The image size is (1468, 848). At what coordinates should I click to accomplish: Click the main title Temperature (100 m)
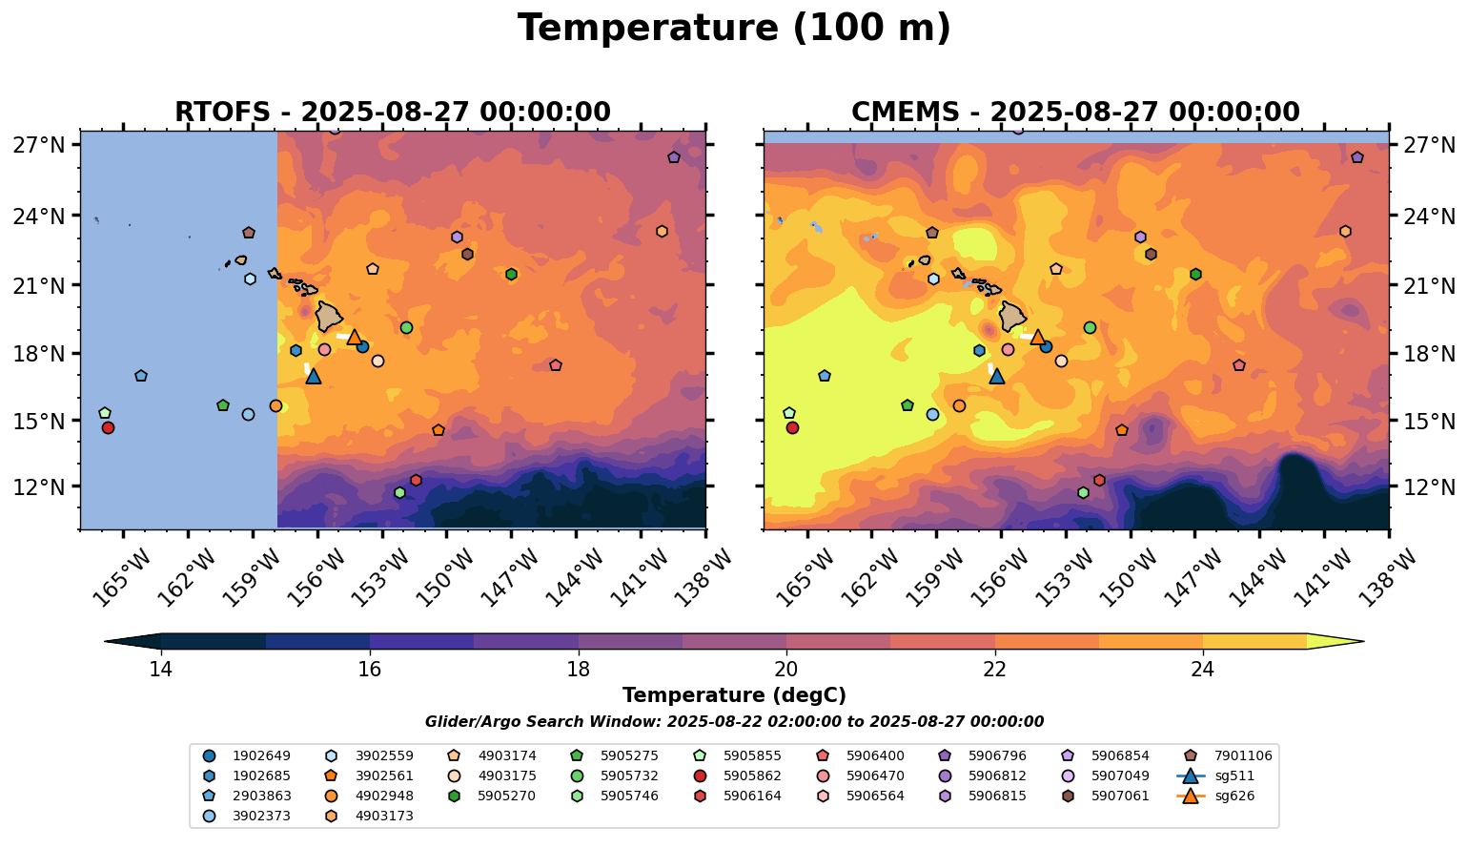pyautogui.click(x=734, y=29)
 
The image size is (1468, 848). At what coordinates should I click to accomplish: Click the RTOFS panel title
pyautogui.click(x=392, y=113)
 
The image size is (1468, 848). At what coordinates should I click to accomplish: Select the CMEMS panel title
pyautogui.click(x=1075, y=113)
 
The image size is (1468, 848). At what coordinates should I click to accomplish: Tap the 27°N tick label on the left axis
pyautogui.click(x=39, y=146)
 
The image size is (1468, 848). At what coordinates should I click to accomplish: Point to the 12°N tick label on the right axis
pyautogui.click(x=1431, y=487)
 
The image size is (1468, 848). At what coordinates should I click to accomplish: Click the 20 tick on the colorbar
pyautogui.click(x=786, y=670)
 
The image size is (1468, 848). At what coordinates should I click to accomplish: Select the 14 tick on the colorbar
pyautogui.click(x=161, y=670)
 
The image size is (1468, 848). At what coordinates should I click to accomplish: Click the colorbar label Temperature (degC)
pyautogui.click(x=734, y=695)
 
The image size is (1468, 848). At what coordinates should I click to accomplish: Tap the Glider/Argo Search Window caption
pyautogui.click(x=734, y=722)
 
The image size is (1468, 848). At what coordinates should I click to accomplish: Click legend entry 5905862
pyautogui.click(x=752, y=776)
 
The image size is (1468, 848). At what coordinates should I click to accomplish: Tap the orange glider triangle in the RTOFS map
pyautogui.click(x=355, y=337)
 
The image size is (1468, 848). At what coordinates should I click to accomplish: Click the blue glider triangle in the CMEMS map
pyautogui.click(x=997, y=377)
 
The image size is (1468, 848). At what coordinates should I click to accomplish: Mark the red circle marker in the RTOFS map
pyautogui.click(x=108, y=427)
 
